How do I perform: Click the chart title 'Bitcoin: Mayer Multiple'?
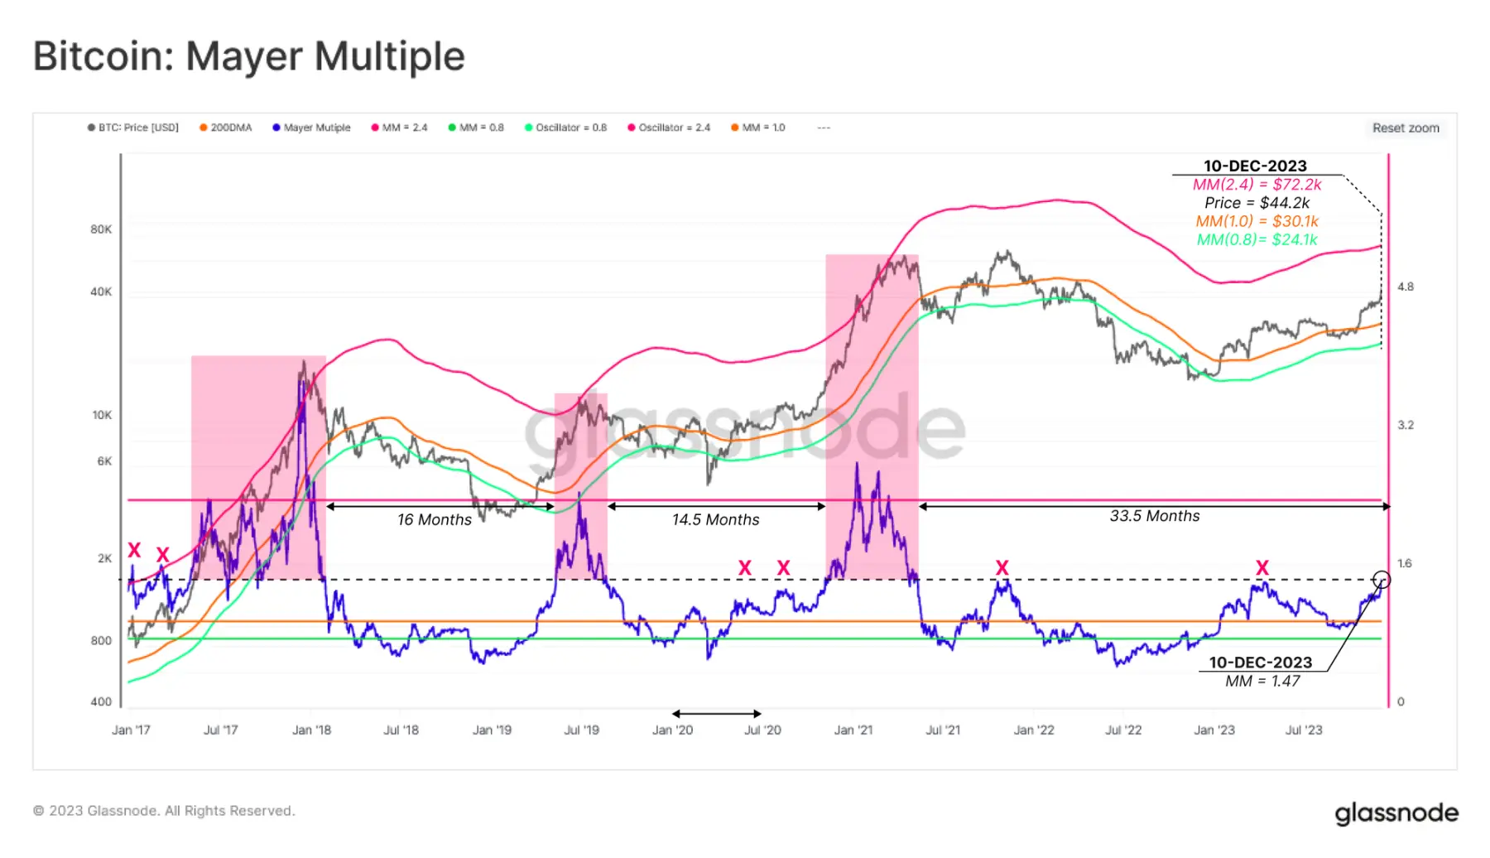(248, 56)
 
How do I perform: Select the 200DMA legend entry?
(226, 128)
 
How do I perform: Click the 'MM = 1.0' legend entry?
(758, 128)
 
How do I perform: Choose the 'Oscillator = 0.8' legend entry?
(566, 128)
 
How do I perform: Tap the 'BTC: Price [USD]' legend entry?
(133, 128)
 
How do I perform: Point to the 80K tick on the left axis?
(101, 229)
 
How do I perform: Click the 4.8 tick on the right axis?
(1406, 287)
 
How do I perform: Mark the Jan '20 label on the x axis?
(672, 730)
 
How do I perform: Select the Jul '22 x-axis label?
(1123, 730)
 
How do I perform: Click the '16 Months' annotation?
(435, 519)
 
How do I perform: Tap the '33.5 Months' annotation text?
(1155, 516)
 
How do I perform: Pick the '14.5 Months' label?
(715, 519)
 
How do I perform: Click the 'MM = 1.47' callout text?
(1262, 681)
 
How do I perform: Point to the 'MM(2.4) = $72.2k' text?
(1257, 185)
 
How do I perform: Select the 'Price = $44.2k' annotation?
(1257, 203)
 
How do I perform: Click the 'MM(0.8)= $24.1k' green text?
(1257, 239)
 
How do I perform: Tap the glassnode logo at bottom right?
(1396, 813)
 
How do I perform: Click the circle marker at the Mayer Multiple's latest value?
(1382, 580)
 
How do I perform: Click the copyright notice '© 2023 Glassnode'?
(164, 811)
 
